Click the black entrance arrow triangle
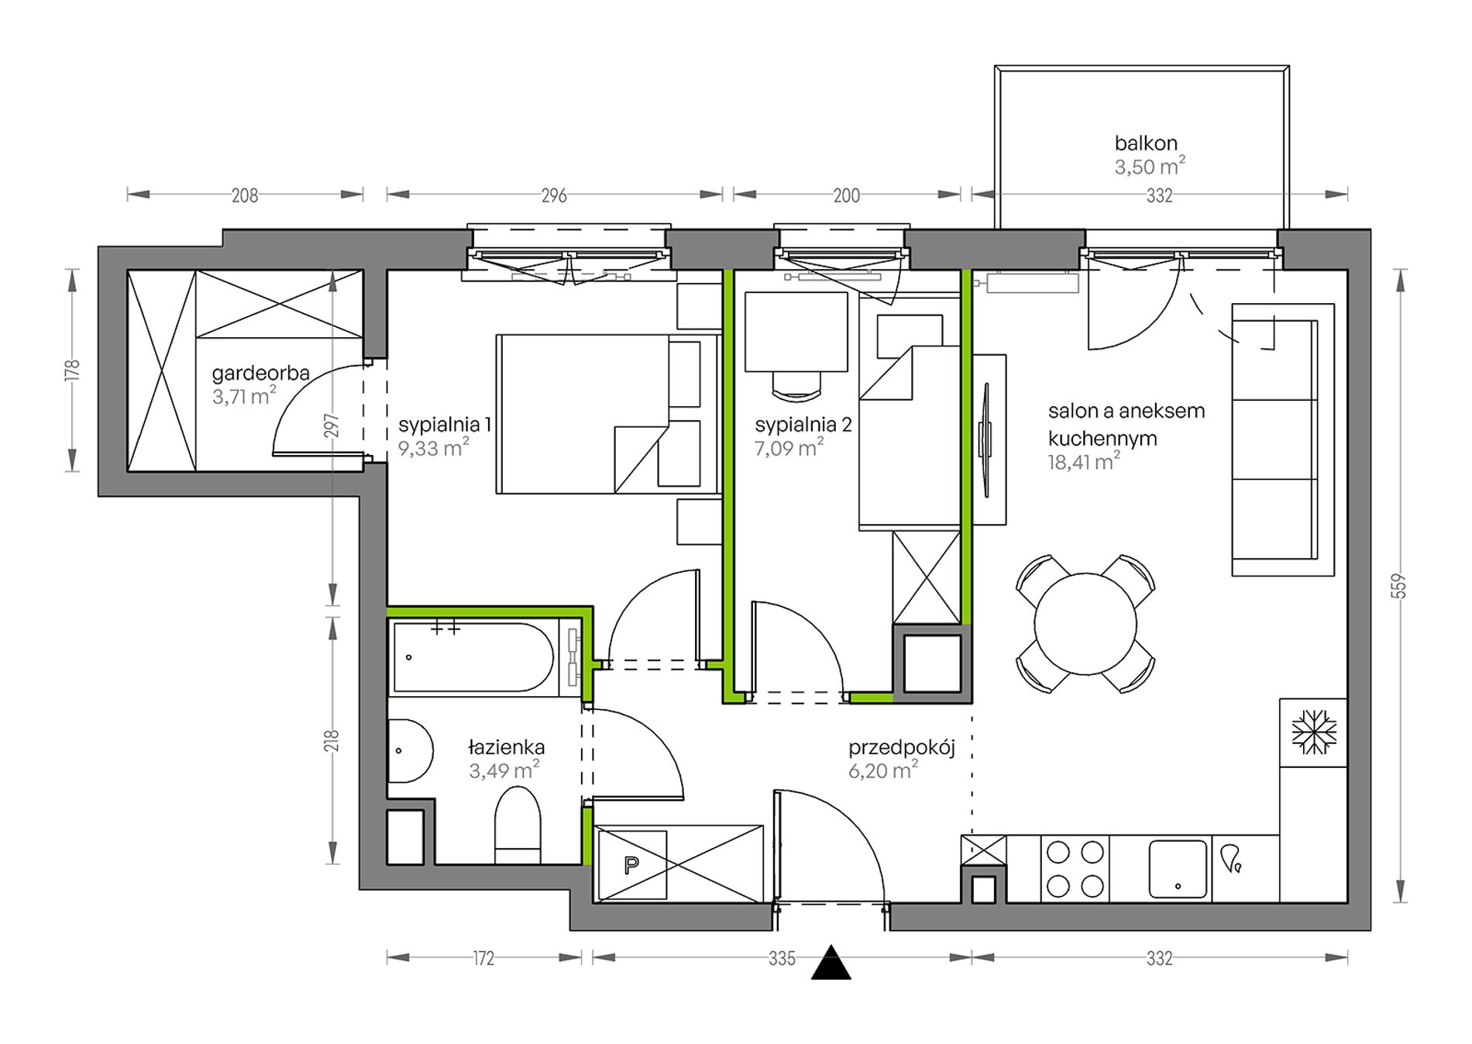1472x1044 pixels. tap(831, 963)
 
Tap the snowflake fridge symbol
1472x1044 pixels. tap(1314, 732)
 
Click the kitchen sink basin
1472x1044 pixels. tap(1178, 869)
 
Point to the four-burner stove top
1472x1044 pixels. tap(1075, 869)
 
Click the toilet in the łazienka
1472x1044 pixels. tap(517, 825)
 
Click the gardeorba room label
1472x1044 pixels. tap(260, 373)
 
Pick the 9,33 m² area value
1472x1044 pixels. tap(434, 448)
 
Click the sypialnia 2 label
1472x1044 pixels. tap(803, 425)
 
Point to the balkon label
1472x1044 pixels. tap(1146, 143)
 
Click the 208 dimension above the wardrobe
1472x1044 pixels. tap(245, 196)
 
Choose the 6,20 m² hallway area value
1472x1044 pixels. tap(883, 770)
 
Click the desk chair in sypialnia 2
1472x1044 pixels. tap(796, 385)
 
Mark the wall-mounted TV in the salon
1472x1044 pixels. tap(987, 441)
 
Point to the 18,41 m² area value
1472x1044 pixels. tap(1084, 463)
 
